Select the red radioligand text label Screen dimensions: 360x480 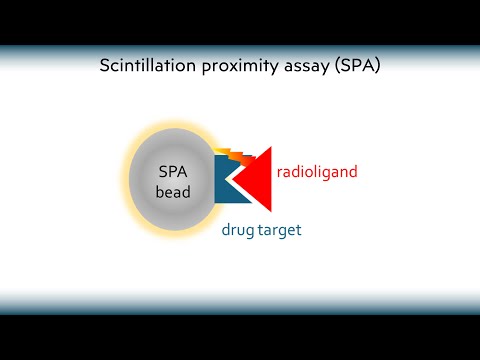tap(317, 172)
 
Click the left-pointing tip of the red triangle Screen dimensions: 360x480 tap(231, 176)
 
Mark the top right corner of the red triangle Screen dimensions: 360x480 tap(271, 142)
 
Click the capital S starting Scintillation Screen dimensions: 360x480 tap(105, 67)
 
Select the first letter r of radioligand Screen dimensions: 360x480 tap(280, 172)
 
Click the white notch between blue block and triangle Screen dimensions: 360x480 tap(239, 176)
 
